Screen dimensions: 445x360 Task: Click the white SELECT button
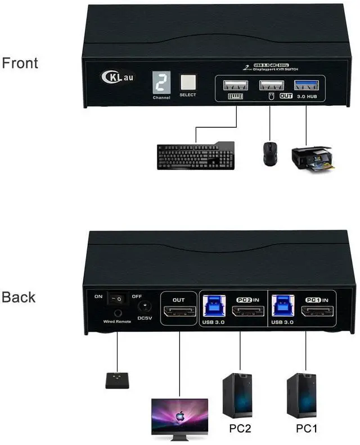point(187,83)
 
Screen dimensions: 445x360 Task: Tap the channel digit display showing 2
point(161,83)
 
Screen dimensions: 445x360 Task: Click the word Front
point(20,63)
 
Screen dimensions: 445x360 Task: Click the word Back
point(19,298)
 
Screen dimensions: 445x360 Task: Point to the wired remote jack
point(118,313)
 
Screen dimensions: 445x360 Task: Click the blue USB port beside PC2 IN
point(217,304)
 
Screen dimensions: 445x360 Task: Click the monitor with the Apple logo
point(179,415)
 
